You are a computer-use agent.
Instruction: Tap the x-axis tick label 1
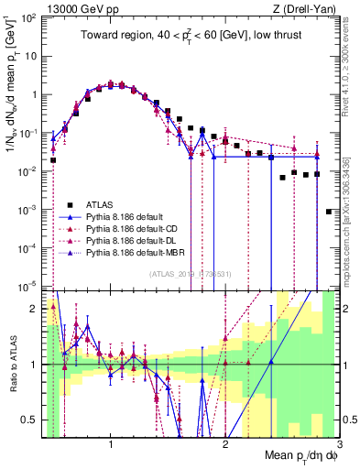point(111,443)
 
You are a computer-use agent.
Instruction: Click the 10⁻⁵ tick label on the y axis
point(27,287)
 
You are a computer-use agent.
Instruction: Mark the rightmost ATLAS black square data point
point(328,212)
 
